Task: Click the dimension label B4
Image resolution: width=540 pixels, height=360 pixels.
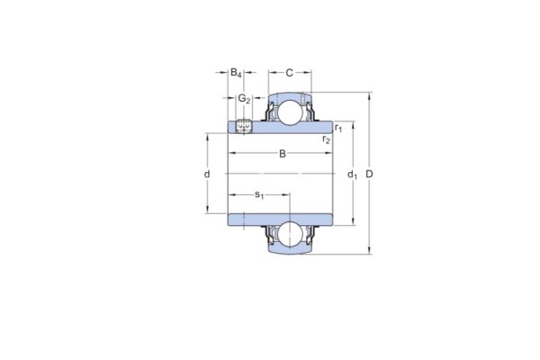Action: pyautogui.click(x=236, y=72)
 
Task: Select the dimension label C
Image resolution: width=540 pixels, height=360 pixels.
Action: pyautogui.click(x=290, y=72)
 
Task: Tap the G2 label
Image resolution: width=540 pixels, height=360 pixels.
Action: pyautogui.click(x=244, y=98)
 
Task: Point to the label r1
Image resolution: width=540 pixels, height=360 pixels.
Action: pyautogui.click(x=337, y=130)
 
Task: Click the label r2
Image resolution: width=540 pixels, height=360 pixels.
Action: pyautogui.click(x=326, y=139)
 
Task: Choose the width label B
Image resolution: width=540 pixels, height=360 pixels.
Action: pyautogui.click(x=283, y=154)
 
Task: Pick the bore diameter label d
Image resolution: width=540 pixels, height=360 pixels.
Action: pyautogui.click(x=207, y=173)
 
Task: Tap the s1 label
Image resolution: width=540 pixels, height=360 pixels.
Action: pyautogui.click(x=259, y=193)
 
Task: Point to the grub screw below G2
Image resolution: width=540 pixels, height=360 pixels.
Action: pyautogui.click(x=245, y=126)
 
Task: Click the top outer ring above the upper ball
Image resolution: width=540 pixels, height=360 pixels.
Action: pyautogui.click(x=290, y=96)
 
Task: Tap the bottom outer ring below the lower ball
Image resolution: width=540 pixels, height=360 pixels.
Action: pyautogui.click(x=290, y=250)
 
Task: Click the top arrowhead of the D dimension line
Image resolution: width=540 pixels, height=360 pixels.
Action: pyautogui.click(x=369, y=94)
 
